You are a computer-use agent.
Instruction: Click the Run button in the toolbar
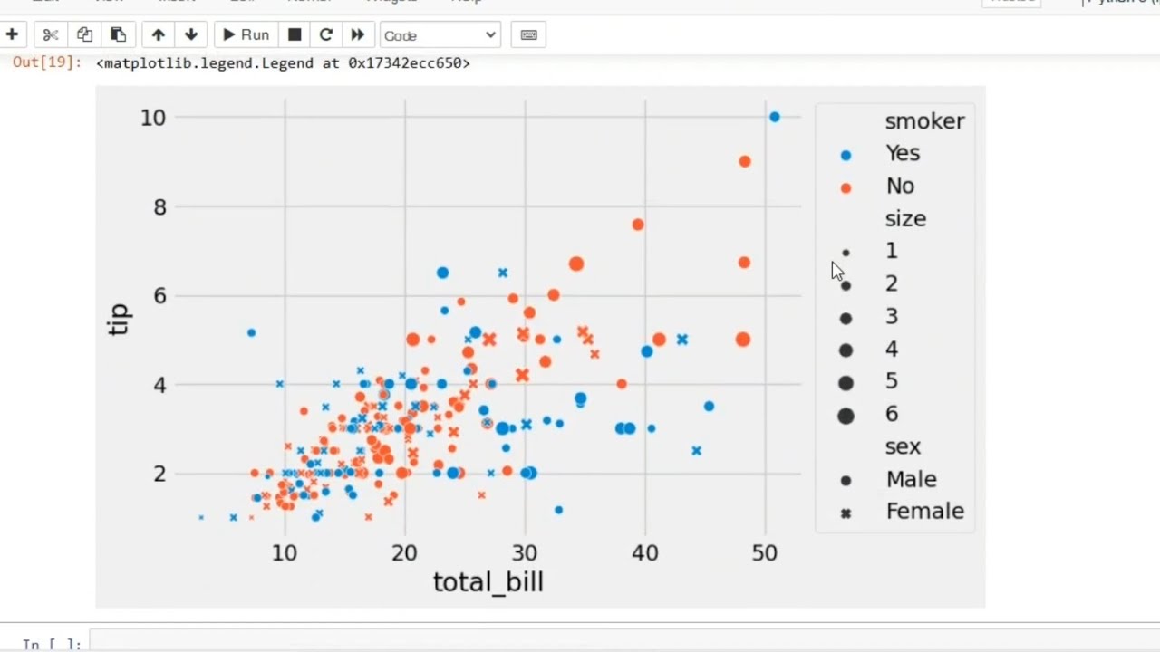[x=246, y=35]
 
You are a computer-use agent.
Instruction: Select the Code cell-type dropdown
[x=440, y=35]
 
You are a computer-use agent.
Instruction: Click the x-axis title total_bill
[x=488, y=581]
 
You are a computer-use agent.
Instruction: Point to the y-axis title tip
[x=119, y=320]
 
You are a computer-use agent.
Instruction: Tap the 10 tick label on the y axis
[x=153, y=117]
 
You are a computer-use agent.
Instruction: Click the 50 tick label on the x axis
[x=764, y=552]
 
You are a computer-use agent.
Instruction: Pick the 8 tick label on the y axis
[x=159, y=206]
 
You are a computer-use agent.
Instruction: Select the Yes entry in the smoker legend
[x=903, y=153]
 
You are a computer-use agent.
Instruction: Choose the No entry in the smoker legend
[x=900, y=186]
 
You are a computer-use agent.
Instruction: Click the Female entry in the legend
[x=924, y=512]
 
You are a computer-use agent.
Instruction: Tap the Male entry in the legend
[x=911, y=479]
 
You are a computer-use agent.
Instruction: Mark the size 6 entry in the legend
[x=892, y=414]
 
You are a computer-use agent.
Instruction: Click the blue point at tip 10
[x=774, y=117]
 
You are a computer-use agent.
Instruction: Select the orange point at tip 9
[x=745, y=161]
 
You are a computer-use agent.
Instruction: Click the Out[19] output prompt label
[x=47, y=63]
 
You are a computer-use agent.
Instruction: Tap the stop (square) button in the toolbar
[x=295, y=35]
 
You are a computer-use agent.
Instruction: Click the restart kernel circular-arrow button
[x=326, y=35]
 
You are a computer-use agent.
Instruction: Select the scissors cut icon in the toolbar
[x=51, y=35]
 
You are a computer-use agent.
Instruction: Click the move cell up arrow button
[x=159, y=35]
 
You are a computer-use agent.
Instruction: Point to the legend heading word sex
[x=903, y=446]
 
